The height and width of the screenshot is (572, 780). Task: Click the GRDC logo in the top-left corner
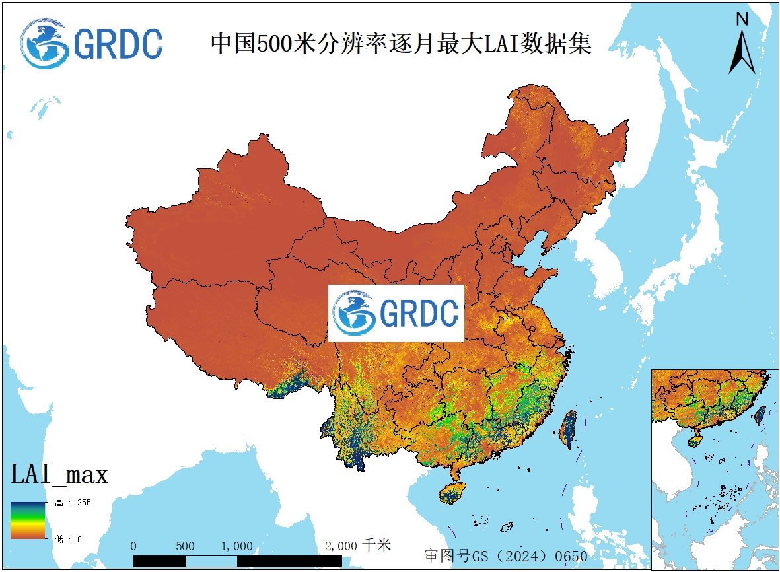(91, 43)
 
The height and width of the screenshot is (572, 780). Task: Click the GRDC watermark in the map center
(396, 313)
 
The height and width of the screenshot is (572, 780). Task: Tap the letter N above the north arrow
(742, 20)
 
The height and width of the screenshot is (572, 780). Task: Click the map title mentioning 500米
(400, 44)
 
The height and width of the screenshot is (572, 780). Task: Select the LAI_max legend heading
(59, 474)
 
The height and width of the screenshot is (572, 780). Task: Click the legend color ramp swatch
(28, 520)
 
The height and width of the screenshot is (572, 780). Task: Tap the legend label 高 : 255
(73, 503)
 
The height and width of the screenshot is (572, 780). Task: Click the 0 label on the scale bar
(133, 546)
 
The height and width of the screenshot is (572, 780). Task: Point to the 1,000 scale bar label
(236, 546)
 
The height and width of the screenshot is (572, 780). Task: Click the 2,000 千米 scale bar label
(358, 546)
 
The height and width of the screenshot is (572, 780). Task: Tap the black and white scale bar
(238, 561)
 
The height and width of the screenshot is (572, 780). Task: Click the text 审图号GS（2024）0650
(505, 555)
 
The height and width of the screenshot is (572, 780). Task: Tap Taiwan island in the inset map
(760, 414)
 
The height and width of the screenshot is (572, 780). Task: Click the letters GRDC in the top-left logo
(118, 44)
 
